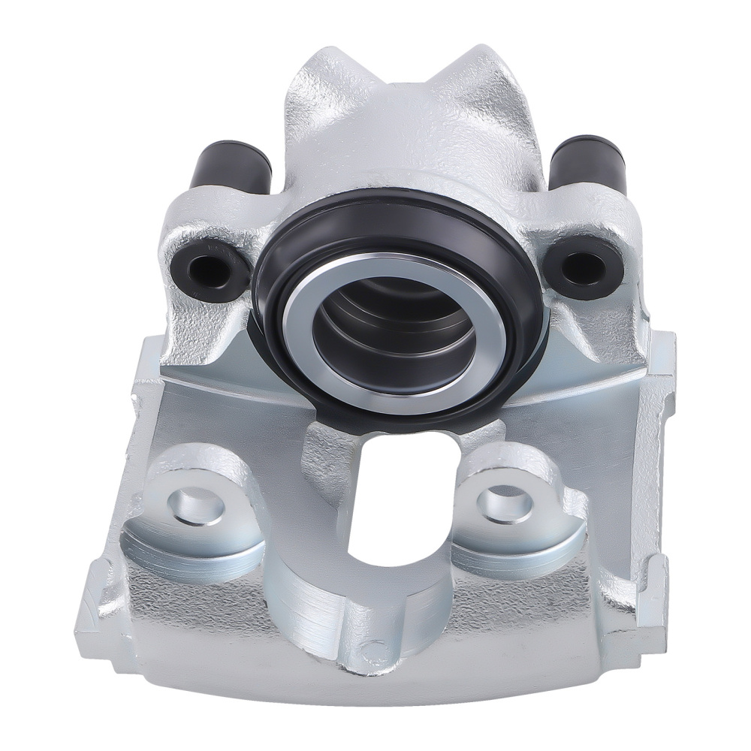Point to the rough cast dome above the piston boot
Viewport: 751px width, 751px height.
[x=406, y=143]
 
